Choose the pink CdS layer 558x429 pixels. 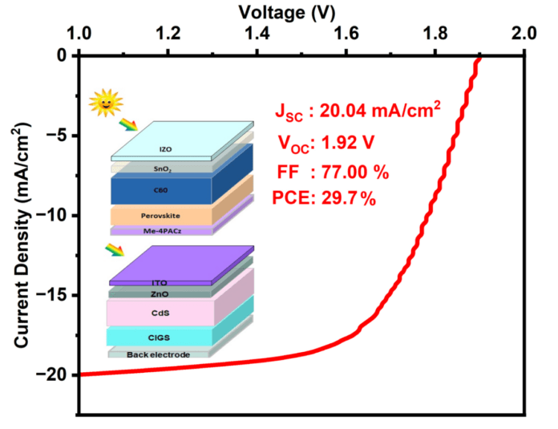coord(160,312)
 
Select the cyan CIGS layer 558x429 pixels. coord(160,337)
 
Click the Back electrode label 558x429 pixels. coord(159,354)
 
